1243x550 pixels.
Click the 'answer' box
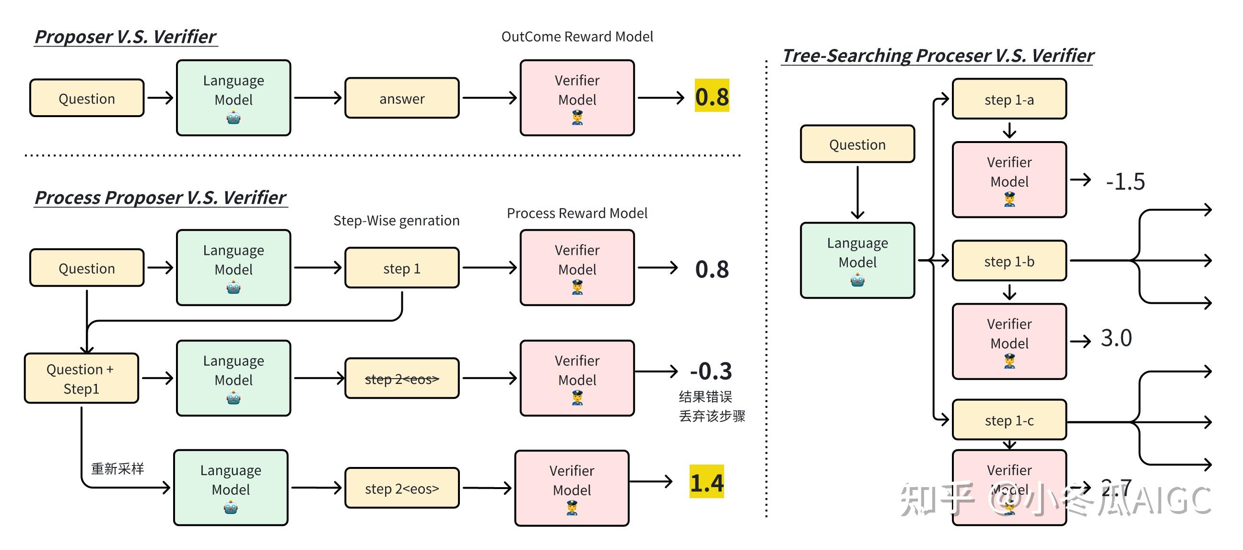click(401, 98)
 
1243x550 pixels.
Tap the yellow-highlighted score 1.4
click(706, 482)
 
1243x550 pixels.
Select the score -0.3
click(711, 371)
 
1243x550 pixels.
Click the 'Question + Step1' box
click(81, 379)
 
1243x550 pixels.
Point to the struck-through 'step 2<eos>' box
click(401, 379)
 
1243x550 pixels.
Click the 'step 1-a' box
click(1009, 99)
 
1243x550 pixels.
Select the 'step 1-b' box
click(1009, 261)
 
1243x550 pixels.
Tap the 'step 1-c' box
click(1009, 420)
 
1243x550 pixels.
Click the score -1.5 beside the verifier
click(1125, 181)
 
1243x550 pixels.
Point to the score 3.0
click(1116, 337)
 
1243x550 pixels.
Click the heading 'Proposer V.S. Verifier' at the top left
click(126, 36)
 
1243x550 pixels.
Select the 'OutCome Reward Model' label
click(576, 36)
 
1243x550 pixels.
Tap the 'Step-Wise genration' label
click(396, 221)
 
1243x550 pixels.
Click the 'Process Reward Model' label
click(576, 213)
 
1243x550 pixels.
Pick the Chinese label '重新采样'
click(117, 468)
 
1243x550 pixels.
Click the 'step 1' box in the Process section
click(401, 268)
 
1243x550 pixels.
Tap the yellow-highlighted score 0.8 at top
click(712, 96)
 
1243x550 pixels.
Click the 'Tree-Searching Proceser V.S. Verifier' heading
click(937, 56)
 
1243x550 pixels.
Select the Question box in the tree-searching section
click(857, 144)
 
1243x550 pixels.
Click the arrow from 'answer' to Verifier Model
click(489, 98)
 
